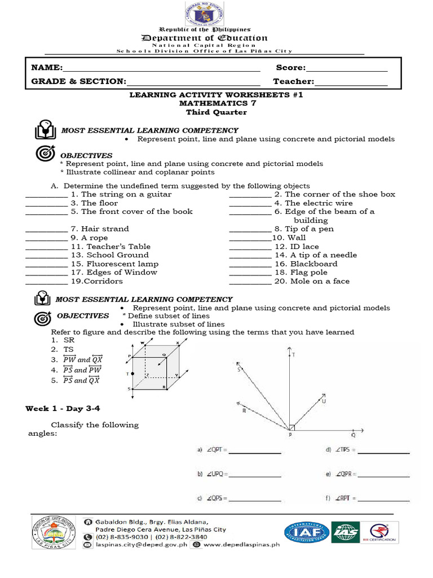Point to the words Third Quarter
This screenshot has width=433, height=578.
pos(216,112)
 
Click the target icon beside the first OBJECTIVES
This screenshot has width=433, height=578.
pos(45,153)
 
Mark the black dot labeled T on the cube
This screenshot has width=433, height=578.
pos(132,374)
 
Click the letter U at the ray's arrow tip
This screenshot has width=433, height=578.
pos(324,401)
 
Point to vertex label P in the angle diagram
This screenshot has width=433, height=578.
pos(290,435)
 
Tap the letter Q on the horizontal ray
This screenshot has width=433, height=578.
pos(354,435)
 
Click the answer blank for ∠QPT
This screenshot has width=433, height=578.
pos(254,452)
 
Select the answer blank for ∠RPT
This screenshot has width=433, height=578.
pos(385,500)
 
